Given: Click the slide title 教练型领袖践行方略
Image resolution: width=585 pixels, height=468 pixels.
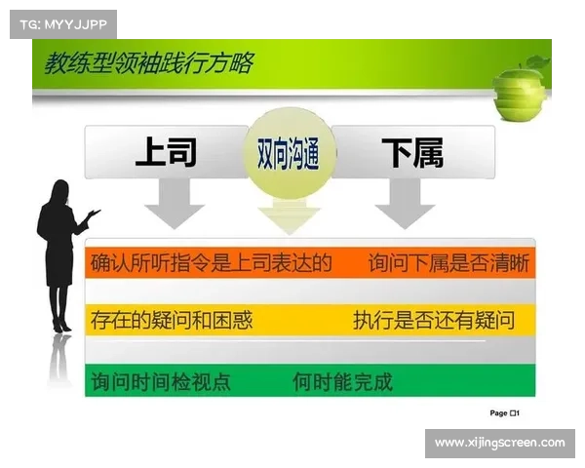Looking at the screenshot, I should [148, 65].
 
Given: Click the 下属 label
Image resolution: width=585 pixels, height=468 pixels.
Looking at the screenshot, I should [411, 153].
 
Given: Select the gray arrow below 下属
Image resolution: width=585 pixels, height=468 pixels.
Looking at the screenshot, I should [405, 205].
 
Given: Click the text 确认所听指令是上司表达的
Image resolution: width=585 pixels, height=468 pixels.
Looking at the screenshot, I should [212, 263].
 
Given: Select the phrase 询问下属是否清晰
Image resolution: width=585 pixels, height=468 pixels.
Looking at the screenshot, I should [449, 263].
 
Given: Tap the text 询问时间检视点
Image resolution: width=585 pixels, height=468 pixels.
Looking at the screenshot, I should [161, 381].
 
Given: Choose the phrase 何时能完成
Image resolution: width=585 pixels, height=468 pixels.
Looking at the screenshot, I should [342, 381].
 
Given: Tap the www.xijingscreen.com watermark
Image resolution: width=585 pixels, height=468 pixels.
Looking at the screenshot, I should [499, 443].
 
